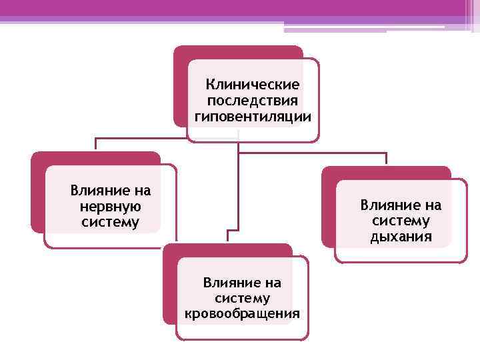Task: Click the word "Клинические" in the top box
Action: tap(253, 85)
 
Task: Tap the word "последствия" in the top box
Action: tap(253, 101)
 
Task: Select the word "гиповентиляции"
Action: tap(253, 117)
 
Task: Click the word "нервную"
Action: tap(110, 206)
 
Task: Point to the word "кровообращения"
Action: tap(242, 313)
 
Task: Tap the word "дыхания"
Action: tap(401, 236)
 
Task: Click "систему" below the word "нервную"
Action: tap(110, 221)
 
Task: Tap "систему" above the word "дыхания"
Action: tap(401, 221)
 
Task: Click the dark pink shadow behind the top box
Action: tap(180, 87)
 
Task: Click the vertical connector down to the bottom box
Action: tap(238, 193)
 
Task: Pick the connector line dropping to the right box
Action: tap(386, 159)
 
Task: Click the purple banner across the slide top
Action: tap(240, 8)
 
